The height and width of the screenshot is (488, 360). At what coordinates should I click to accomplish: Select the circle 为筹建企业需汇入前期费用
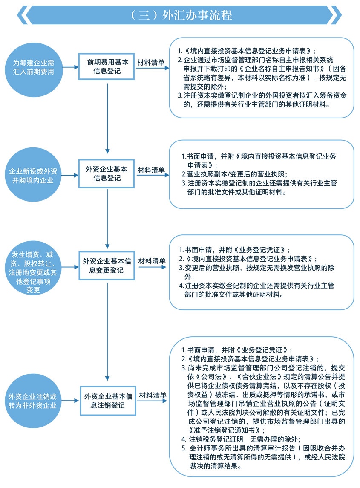point(33,67)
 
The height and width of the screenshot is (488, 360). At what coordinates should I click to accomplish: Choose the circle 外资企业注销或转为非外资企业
point(33,401)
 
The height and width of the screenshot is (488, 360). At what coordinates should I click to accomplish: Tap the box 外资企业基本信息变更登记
point(107,265)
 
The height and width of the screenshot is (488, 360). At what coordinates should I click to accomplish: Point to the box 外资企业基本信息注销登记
point(108,400)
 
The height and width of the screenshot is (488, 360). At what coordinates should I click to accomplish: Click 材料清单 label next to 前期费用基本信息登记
point(151,62)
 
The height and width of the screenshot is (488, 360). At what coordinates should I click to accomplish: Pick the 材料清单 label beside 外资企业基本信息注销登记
point(153,395)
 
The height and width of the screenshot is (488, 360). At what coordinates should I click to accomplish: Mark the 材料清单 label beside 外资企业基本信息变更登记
point(152,260)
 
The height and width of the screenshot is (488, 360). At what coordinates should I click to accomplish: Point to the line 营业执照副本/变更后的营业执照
point(237,174)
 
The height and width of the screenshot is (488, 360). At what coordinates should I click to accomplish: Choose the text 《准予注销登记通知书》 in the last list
point(222,430)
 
